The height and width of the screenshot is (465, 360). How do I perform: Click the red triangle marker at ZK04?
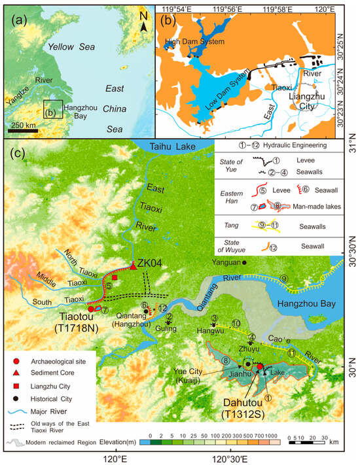click(133, 266)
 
